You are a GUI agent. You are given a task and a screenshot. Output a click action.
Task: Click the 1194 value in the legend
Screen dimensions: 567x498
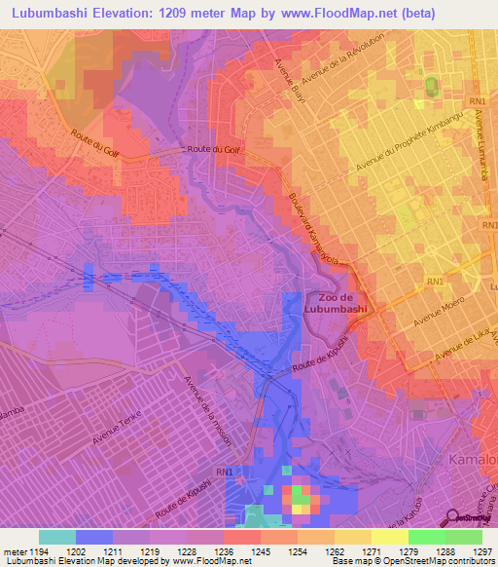pos(38,551)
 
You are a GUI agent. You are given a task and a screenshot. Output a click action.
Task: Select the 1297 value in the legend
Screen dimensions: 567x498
pos(482,551)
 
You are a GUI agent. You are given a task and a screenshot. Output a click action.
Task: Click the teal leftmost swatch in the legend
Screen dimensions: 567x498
pos(57,537)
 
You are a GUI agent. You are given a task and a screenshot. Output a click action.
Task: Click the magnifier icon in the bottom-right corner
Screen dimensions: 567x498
pos(453,516)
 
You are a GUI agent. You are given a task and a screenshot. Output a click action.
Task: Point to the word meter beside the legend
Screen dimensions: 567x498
pos(14,551)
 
